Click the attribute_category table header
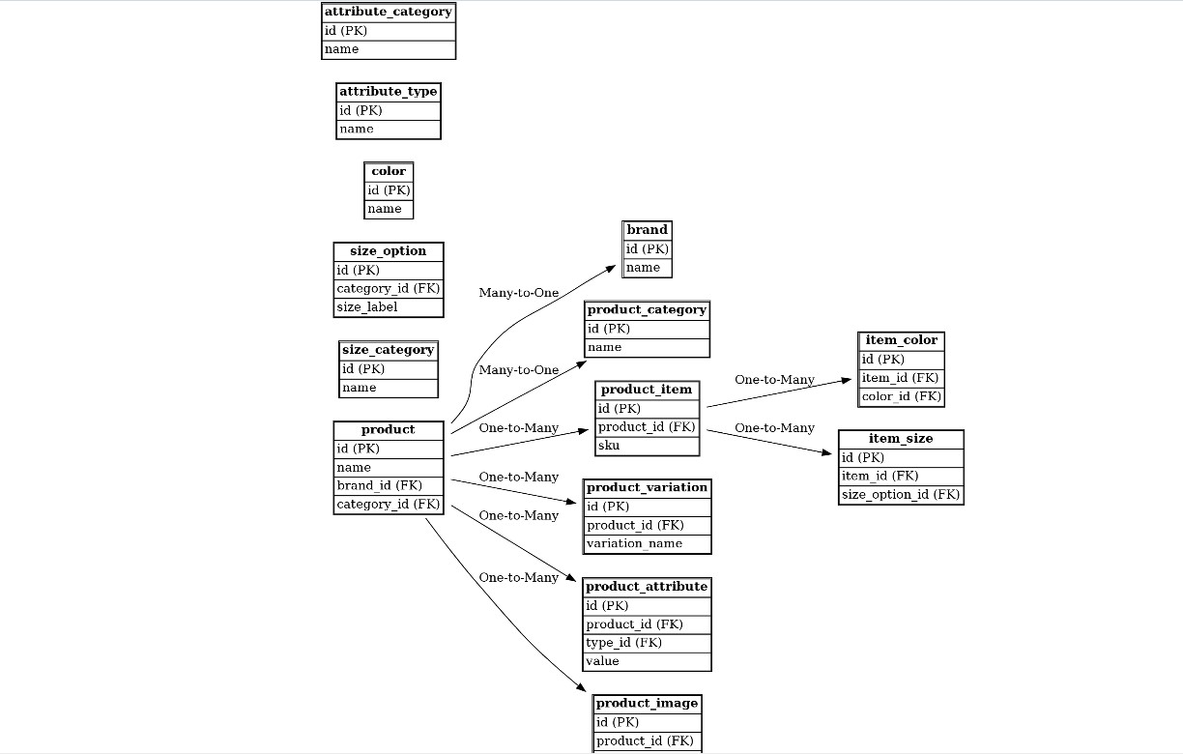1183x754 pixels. (x=388, y=13)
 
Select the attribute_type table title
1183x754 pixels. (x=388, y=92)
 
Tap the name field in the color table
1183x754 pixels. (x=389, y=209)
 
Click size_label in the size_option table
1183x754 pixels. (x=388, y=307)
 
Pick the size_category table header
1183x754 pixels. (x=388, y=350)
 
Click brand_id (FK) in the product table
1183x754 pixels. (x=388, y=485)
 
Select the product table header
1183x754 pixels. (x=388, y=430)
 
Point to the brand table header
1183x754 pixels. (x=647, y=230)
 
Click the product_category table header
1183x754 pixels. (x=647, y=310)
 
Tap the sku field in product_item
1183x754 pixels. (x=647, y=446)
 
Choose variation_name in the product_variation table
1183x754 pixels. (x=647, y=543)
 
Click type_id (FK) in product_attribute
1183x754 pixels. (x=647, y=643)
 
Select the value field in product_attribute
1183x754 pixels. (x=647, y=661)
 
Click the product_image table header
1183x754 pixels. (x=647, y=704)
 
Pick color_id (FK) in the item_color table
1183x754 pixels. (x=901, y=396)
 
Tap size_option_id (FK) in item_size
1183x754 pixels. (x=901, y=495)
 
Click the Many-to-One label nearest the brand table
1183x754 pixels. (x=519, y=293)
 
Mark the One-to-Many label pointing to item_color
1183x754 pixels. (x=774, y=380)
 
